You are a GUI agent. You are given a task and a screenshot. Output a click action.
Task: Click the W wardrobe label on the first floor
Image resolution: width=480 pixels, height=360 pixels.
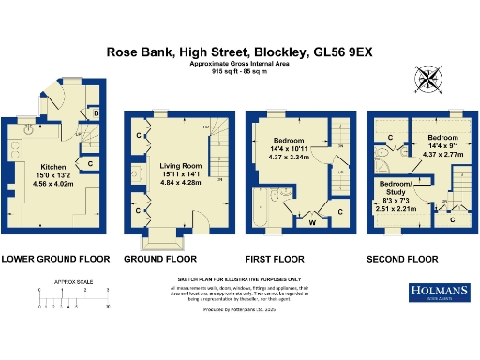311,222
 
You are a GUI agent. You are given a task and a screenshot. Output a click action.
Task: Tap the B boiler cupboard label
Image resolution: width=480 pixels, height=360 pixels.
97,115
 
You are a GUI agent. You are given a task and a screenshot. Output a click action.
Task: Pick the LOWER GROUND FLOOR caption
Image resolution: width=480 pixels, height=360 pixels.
55,257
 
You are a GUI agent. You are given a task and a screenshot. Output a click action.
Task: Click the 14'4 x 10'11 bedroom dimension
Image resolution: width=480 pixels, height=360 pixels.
289,150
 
